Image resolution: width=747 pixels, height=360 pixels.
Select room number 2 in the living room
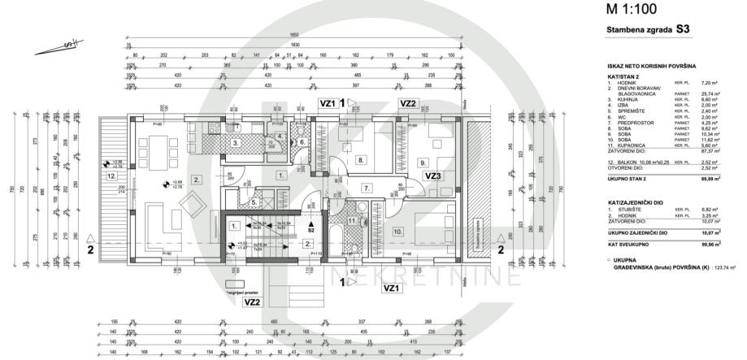[x=195, y=178]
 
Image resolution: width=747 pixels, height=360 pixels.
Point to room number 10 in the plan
[x=397, y=231]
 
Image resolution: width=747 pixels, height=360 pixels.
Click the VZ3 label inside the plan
[x=432, y=175]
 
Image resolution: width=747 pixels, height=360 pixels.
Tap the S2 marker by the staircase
[x=311, y=230]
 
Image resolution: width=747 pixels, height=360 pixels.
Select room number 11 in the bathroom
[x=352, y=219]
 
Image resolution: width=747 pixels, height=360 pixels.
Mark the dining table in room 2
[x=156, y=150]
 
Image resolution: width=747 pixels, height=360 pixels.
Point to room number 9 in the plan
[x=422, y=163]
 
